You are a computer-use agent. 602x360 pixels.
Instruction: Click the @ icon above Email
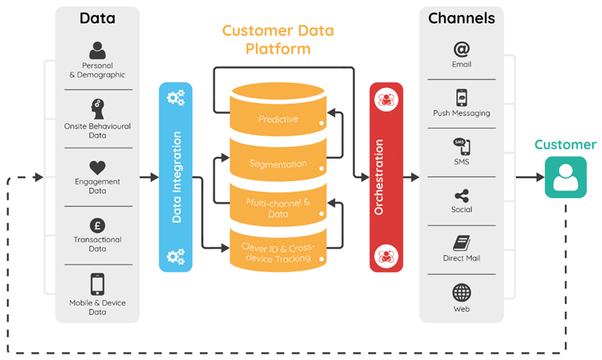tap(461, 49)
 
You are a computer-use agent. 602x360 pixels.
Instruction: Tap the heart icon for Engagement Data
tap(97, 167)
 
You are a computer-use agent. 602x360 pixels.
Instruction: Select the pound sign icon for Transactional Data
tap(97, 226)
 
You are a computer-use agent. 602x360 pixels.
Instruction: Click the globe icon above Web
tap(461, 293)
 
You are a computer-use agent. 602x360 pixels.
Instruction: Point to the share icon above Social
tap(461, 196)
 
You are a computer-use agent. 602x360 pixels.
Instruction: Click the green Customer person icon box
tap(566, 177)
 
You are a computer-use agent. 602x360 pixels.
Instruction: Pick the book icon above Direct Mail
tap(461, 243)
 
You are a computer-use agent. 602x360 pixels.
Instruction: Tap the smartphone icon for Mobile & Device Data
tap(97, 284)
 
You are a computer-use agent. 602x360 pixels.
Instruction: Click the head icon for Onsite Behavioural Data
tap(97, 109)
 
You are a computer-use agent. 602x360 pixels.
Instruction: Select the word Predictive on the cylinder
tap(278, 119)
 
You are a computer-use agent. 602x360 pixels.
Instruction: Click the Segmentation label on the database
tap(278, 164)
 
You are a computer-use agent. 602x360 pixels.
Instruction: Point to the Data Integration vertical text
tap(177, 177)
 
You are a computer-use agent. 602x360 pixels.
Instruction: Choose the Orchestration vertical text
tap(378, 177)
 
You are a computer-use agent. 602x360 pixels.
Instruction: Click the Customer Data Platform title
tap(278, 39)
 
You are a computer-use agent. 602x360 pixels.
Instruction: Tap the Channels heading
tap(461, 18)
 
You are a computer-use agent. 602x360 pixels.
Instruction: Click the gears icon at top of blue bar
tap(176, 97)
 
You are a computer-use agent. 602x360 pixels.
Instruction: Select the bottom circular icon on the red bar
tap(386, 256)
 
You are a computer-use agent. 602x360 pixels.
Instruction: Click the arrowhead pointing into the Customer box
tap(540, 177)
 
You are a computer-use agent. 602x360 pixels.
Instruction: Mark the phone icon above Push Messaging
tap(461, 98)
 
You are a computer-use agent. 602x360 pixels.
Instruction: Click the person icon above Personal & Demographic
tap(97, 51)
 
